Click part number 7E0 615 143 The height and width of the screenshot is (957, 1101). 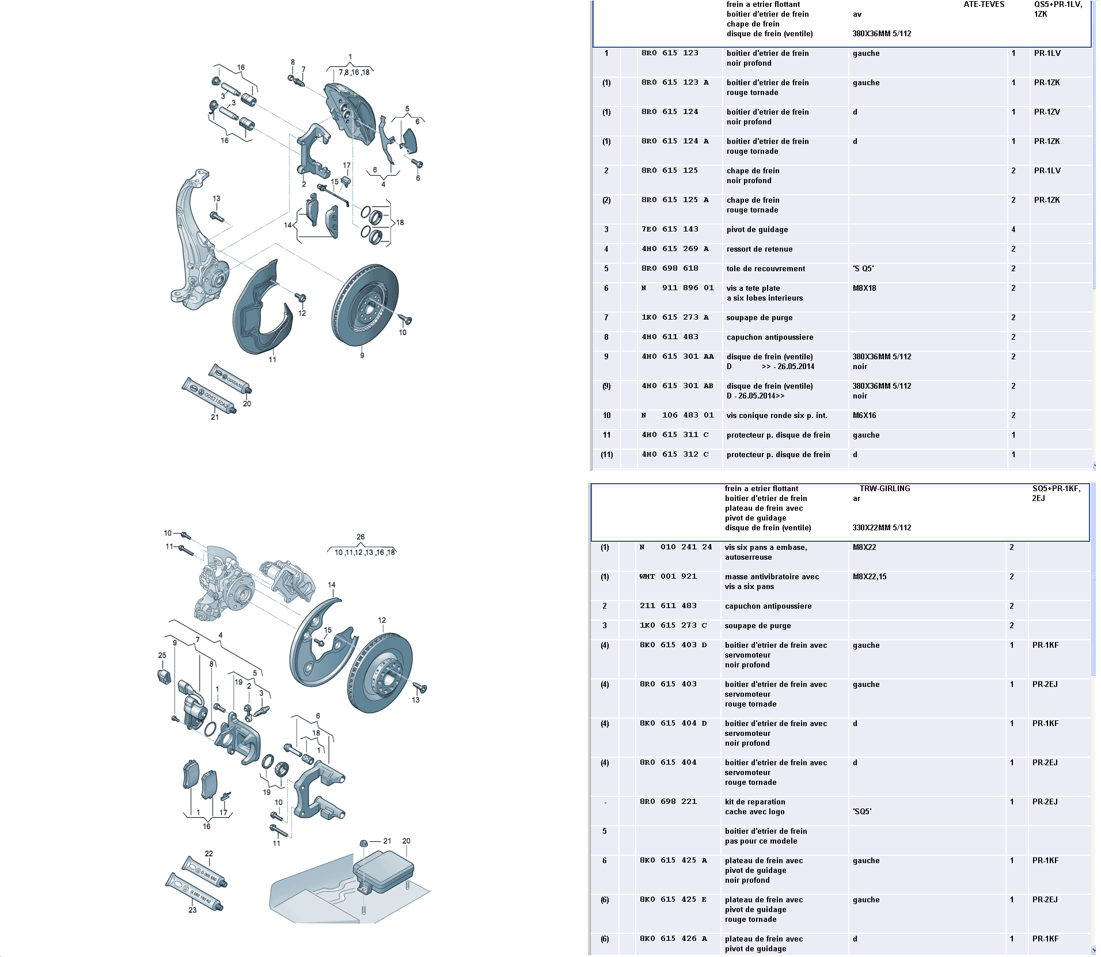pos(670,229)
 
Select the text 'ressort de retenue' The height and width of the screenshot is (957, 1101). pos(759,249)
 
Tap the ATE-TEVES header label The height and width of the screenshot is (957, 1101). pos(984,4)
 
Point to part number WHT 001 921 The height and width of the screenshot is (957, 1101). pos(668,576)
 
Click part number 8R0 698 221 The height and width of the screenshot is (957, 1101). pos(668,802)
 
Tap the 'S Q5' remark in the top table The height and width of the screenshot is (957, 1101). pos(863,268)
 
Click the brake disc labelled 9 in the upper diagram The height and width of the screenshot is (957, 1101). pos(365,305)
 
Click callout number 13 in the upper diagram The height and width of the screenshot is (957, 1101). pos(216,199)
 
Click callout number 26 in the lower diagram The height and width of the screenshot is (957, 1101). pos(360,537)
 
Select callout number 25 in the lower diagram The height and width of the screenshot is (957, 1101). pos(162,655)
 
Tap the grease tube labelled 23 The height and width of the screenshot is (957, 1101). pos(193,892)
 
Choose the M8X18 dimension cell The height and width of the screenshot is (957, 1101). pos(864,288)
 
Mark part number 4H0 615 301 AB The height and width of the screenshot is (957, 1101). pos(677,386)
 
